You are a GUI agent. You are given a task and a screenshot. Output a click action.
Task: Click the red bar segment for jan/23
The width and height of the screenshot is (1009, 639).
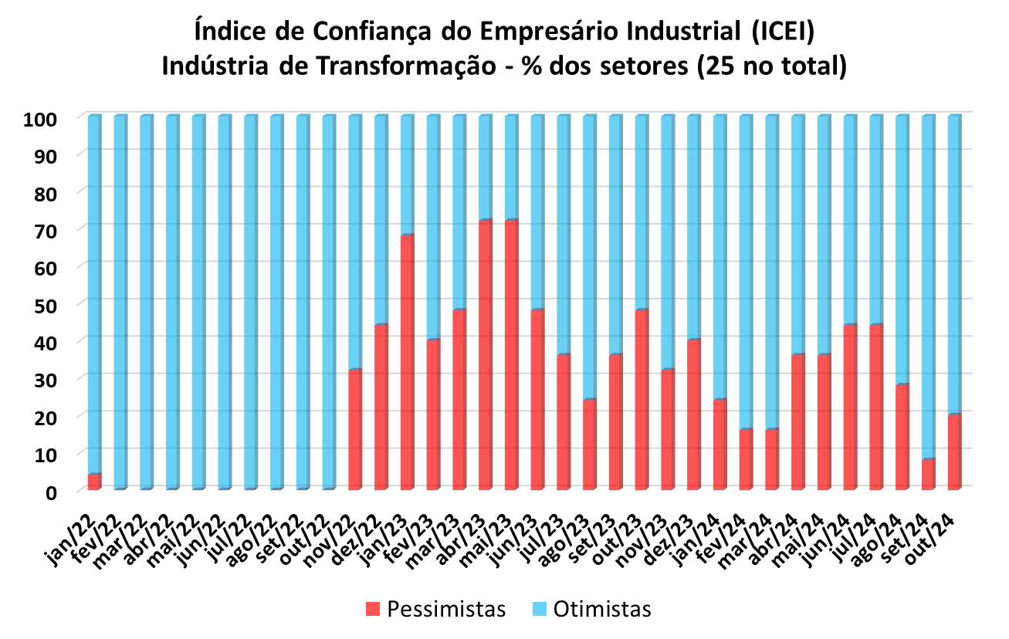[408, 363]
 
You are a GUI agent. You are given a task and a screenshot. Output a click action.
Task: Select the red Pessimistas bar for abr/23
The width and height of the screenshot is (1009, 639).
[486, 355]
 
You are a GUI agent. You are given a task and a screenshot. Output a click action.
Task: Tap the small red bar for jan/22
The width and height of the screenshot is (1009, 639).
[94, 482]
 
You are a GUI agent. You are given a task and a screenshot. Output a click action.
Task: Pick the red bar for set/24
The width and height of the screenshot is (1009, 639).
[928, 475]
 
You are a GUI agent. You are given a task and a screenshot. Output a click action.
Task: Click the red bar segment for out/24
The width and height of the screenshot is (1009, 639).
[954, 452]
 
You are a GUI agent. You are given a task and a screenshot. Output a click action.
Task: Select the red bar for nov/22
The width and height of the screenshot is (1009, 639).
[355, 430]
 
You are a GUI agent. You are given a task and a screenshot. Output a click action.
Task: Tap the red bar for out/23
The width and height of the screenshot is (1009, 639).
[642, 400]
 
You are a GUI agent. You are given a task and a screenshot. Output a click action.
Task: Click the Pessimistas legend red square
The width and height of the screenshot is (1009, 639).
[373, 609]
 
